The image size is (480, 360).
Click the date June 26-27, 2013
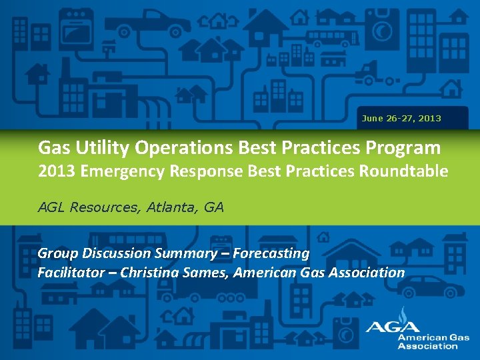[x=401, y=118]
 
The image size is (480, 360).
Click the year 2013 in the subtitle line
[x=56, y=171]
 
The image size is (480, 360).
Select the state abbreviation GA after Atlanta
[x=213, y=207]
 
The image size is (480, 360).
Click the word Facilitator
[x=71, y=272]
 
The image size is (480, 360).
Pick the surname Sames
[x=207, y=272]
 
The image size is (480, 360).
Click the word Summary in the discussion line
[x=184, y=253]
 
